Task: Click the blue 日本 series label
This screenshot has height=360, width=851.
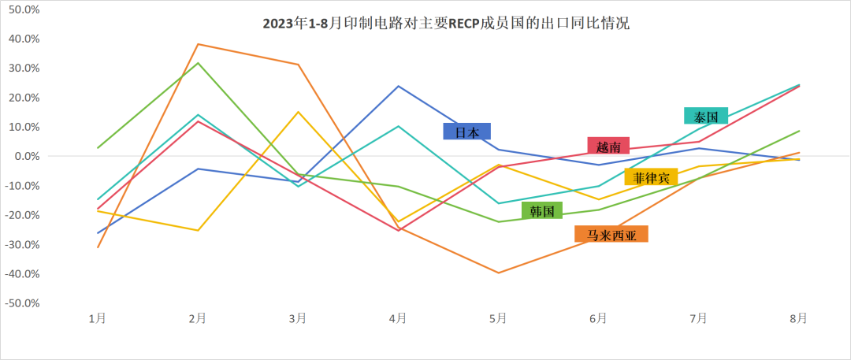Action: click(x=466, y=132)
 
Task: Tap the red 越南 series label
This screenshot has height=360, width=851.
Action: click(x=608, y=146)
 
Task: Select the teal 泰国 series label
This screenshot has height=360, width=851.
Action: click(x=705, y=116)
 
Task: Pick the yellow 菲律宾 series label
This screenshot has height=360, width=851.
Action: click(x=651, y=177)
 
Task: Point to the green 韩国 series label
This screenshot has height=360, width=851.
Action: click(x=542, y=210)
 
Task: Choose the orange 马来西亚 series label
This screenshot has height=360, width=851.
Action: click(x=611, y=234)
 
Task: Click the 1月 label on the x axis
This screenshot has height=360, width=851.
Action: click(x=98, y=318)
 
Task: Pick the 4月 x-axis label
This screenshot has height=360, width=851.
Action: click(x=398, y=318)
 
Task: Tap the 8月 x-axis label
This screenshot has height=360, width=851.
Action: click(x=798, y=318)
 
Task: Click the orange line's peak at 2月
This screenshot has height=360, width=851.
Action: click(x=198, y=44)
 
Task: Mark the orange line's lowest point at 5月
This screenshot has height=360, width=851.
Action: click(x=498, y=273)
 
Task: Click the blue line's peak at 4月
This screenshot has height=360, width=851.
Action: click(x=398, y=86)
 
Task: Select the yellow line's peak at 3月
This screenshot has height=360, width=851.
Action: click(x=298, y=112)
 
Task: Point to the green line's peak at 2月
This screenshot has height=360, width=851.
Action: click(x=198, y=63)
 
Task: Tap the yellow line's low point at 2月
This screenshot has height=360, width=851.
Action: click(x=198, y=230)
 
